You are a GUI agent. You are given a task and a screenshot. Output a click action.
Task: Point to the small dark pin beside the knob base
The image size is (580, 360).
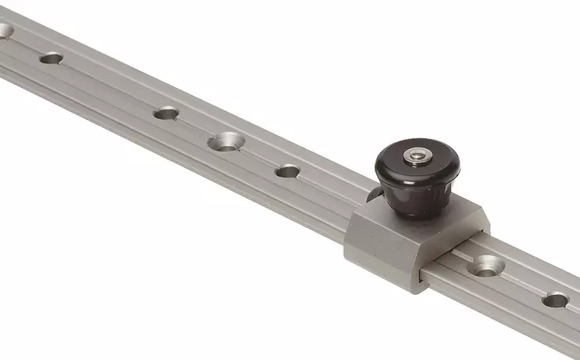[x=370, y=195]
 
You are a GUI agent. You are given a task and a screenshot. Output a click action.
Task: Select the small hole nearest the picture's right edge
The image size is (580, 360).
[x=555, y=300]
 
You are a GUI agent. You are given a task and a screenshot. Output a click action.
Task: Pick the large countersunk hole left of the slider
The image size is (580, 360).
[x=226, y=143]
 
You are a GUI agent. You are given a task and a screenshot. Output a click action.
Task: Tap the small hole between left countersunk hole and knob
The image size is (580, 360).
[x=287, y=170]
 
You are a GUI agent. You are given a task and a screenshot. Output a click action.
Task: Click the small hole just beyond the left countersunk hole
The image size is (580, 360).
[x=165, y=113]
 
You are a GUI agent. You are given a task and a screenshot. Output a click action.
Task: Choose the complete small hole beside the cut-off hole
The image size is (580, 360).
[x=52, y=58]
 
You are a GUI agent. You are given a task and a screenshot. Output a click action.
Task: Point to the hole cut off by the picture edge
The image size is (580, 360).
[x=5, y=31]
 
